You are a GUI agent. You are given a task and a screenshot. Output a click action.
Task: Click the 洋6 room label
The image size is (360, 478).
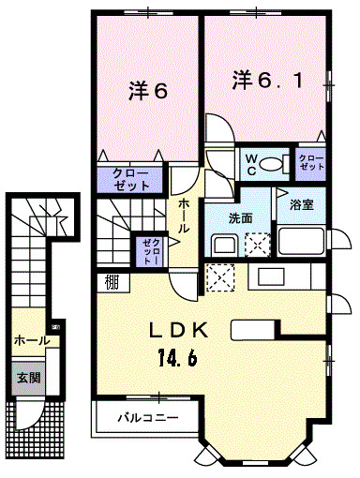coord(148,91)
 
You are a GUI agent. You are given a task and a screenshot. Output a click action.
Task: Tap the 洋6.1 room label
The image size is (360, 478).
coord(267,81)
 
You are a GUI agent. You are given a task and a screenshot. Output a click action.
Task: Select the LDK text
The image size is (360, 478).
coord(179,331)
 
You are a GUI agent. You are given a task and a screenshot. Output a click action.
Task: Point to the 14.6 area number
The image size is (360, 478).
coord(177,357)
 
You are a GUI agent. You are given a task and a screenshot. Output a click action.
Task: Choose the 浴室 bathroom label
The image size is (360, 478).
coord(301,205)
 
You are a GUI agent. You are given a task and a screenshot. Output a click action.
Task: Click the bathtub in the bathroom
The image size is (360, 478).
coord(301,241)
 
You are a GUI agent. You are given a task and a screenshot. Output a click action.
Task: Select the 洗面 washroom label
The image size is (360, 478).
coord(240,218)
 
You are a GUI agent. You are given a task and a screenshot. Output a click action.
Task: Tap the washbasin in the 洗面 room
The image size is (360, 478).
coord(224,245)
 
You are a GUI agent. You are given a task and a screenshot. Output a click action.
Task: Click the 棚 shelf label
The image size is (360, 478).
coord(112,282)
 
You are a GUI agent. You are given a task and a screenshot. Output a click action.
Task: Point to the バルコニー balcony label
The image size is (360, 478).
coord(148,417)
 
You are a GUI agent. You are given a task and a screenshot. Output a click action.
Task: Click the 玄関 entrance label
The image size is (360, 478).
coord(28,378)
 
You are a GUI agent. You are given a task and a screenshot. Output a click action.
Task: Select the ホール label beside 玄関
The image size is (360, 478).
coord(32,340)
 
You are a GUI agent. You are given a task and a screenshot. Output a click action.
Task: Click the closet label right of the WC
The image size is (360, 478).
coord(311,162)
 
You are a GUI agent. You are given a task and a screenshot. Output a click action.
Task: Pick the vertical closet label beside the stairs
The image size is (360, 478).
coord(151,251)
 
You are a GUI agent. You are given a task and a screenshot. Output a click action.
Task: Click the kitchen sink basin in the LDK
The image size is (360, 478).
coord(271,276)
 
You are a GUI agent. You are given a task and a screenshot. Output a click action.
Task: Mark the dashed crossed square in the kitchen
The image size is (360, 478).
coord(220,277)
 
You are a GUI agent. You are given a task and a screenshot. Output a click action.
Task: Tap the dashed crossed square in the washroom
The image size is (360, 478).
coord(257,245)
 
